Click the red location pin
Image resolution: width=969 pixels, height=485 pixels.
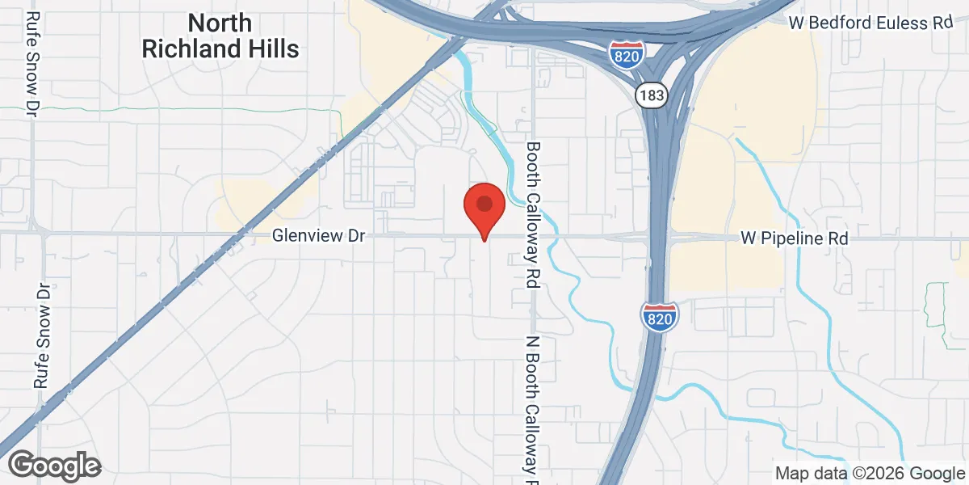pos(484,209)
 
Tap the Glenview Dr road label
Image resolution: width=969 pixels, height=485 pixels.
pos(319,237)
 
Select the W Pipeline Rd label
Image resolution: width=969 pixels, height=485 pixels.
pos(795,239)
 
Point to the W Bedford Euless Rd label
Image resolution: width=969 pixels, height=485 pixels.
pos(871,23)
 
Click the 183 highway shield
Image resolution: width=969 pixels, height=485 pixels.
pos(650,96)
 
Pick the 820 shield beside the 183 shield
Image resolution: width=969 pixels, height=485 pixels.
pos(627,52)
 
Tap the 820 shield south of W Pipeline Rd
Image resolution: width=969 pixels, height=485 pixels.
pos(660,316)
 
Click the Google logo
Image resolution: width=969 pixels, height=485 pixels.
pos(54,466)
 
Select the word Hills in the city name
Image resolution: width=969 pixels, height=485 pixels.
pos(270,48)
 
